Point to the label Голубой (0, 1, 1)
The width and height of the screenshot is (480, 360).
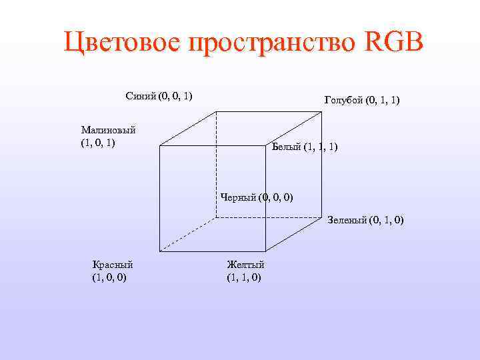coord(361,100)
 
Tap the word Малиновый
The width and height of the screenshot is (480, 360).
coord(108,129)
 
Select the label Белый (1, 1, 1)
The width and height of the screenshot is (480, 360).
coord(305,146)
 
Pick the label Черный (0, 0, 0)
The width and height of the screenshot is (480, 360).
coord(257,197)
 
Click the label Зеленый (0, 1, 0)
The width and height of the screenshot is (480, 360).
coord(365,220)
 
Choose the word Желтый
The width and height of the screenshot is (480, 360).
coord(245,264)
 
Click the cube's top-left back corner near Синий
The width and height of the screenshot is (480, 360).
coord(216,111)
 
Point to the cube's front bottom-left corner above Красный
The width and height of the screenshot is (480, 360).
coord(160,251)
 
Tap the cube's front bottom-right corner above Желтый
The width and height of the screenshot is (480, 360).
coord(267,251)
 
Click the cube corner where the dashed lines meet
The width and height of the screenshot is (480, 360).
coord(216,217)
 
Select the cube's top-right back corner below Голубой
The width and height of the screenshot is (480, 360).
coord(323,111)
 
